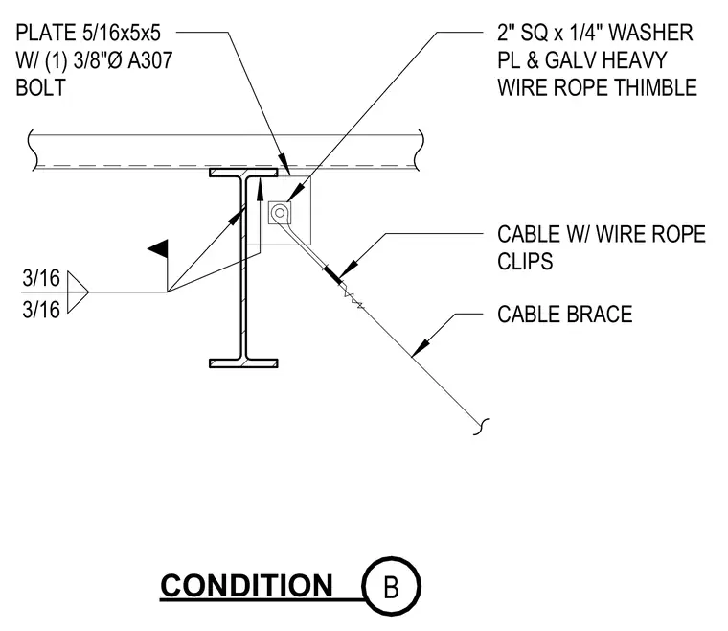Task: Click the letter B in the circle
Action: [392, 587]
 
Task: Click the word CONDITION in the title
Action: [246, 586]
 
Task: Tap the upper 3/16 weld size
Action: [41, 278]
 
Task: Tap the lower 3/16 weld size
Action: [41, 310]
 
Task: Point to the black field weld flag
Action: [158, 249]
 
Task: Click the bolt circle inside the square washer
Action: [280, 213]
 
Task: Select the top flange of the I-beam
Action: [243, 173]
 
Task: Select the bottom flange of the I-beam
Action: [243, 363]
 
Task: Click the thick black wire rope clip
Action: [332, 273]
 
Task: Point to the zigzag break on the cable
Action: [353, 300]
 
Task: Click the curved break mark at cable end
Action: [482, 427]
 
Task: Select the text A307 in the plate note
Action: [149, 60]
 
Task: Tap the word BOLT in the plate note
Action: [41, 87]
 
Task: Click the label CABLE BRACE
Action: [565, 315]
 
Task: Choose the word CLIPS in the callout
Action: [525, 261]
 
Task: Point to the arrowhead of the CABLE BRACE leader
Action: [421, 348]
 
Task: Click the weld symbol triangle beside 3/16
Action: [78, 292]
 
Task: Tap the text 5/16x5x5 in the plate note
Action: [122, 33]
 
